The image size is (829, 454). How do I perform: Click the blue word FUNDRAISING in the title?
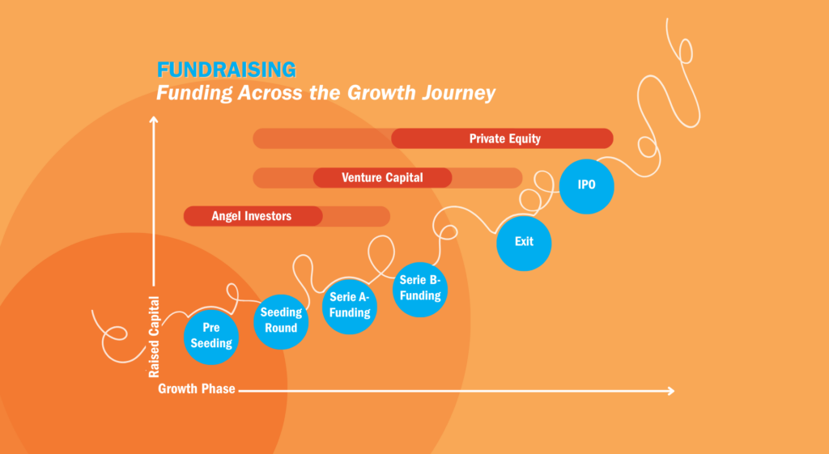coord(227,70)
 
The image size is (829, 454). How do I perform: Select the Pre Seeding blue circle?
coord(211,337)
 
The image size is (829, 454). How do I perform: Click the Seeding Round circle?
coord(281,321)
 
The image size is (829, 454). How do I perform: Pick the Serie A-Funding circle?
coord(350,306)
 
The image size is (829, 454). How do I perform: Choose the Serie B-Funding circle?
coord(420,289)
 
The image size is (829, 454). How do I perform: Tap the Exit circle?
coord(524,243)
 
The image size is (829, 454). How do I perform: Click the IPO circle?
coord(586,186)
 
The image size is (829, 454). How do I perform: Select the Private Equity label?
coord(505,139)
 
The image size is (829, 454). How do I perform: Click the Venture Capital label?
coord(382,177)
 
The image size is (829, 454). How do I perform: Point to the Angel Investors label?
coord(252,216)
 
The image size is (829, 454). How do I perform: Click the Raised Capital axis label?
coord(154,337)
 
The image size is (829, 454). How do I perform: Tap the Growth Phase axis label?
coord(197,389)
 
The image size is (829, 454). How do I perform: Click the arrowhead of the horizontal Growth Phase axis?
coord(671,391)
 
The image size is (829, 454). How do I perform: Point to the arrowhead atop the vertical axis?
coord(154,120)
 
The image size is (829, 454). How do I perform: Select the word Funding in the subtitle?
coord(194,94)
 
